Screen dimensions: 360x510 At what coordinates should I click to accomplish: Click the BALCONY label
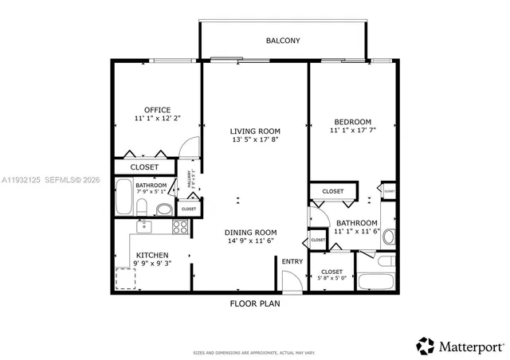[x=283, y=40]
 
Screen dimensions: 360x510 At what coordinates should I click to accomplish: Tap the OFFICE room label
[x=157, y=109]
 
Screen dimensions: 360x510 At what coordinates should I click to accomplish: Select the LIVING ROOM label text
[x=254, y=131]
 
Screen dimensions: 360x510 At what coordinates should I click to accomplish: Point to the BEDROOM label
[x=351, y=122]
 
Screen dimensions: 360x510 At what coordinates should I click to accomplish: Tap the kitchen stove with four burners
[x=180, y=226]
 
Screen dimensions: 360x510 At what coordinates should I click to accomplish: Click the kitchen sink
[x=143, y=227]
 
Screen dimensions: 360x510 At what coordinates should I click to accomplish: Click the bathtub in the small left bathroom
[x=124, y=196]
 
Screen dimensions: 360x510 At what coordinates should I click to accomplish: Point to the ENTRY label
[x=291, y=261]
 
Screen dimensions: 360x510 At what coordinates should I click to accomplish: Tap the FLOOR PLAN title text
[x=254, y=303]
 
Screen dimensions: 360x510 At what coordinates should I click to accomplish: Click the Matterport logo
[x=460, y=345]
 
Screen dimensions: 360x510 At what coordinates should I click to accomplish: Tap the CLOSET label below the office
[x=144, y=167]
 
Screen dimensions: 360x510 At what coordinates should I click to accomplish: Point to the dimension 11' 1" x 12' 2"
[x=157, y=118]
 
